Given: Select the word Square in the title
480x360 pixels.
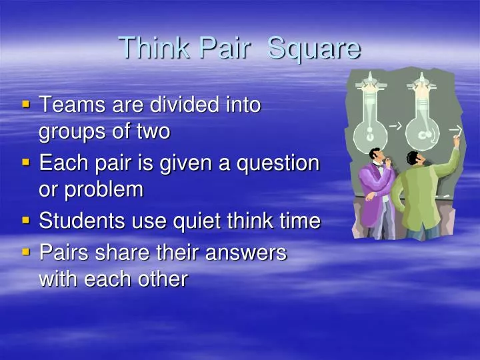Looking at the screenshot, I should (314, 48).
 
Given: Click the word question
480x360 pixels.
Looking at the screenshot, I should (282, 163).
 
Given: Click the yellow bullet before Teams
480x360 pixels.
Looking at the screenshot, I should (26, 104).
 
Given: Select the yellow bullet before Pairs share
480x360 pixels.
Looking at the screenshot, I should (26, 252).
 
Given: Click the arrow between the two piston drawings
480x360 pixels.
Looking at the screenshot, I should (395, 125).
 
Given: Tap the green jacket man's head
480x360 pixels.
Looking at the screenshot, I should (415, 161).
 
